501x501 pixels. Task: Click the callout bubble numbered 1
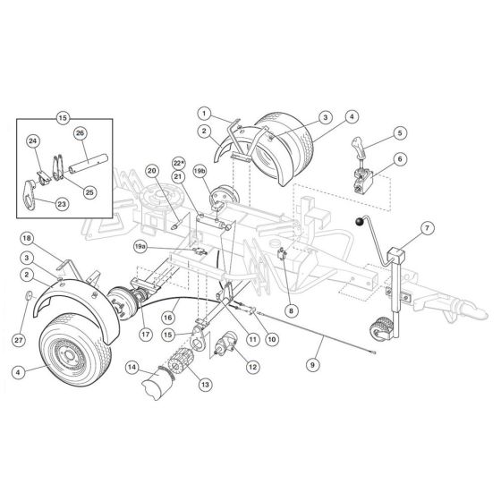click(x=204, y=114)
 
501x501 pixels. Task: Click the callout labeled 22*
click(x=178, y=162)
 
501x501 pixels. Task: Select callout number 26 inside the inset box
click(x=79, y=133)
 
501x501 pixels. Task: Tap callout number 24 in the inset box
click(x=33, y=140)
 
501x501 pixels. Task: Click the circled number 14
click(x=132, y=367)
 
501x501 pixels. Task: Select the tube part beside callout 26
click(x=89, y=166)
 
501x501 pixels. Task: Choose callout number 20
click(x=151, y=170)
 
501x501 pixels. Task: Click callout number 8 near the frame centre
click(x=291, y=310)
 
